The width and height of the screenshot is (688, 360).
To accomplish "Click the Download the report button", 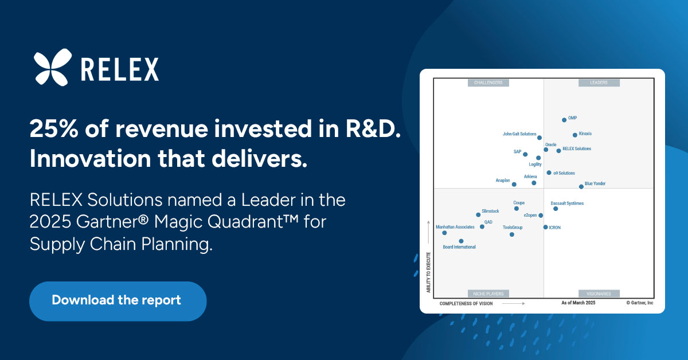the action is (x=118, y=301).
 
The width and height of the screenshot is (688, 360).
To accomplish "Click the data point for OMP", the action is (x=564, y=120).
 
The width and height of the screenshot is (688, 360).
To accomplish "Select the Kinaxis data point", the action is (x=575, y=135).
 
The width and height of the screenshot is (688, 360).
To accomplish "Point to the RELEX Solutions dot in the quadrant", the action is (x=558, y=151).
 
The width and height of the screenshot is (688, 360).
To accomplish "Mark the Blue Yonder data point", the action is (x=581, y=187).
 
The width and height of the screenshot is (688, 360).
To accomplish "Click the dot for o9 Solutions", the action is (x=549, y=173).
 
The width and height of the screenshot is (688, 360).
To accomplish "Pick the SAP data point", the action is (x=525, y=155).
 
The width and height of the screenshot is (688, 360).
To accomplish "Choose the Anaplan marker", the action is (x=514, y=185).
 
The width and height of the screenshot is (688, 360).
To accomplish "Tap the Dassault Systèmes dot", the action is (x=556, y=209).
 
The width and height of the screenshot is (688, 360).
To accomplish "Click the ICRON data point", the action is (x=545, y=228).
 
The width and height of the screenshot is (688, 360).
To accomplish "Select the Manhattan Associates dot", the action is (x=444, y=233).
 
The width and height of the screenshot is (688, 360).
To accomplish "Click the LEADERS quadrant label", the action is (x=599, y=83).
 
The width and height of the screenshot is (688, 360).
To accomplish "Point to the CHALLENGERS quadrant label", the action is (x=488, y=83).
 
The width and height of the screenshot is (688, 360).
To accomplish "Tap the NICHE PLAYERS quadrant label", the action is (x=488, y=294).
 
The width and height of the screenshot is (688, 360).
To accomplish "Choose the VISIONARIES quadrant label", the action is (x=599, y=294).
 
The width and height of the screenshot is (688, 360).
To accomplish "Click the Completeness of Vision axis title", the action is (x=466, y=303).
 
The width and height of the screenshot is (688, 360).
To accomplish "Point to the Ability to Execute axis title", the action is (x=429, y=272).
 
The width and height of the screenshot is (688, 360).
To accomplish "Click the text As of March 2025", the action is (x=578, y=303).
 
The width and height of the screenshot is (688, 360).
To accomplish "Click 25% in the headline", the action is (x=54, y=128).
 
